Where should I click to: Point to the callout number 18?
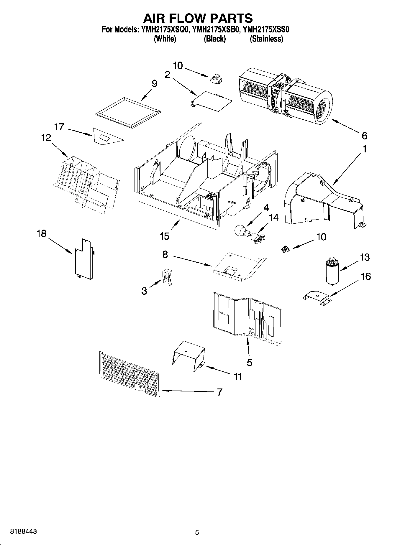click(x=42, y=233)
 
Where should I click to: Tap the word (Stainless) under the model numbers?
click(x=266, y=39)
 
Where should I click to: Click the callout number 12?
click(x=46, y=138)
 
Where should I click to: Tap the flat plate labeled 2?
click(x=211, y=101)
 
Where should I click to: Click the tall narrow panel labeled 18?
click(x=84, y=258)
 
